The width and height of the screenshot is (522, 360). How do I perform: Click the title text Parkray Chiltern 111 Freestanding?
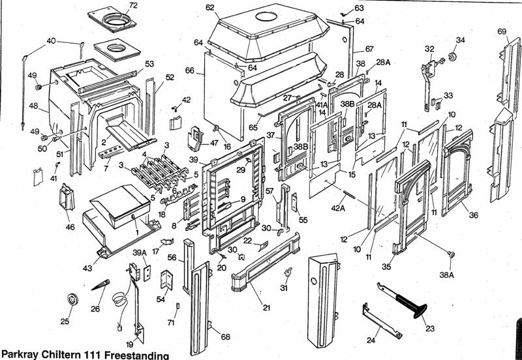[x=85, y=355]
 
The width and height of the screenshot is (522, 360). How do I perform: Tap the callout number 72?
[x=133, y=6]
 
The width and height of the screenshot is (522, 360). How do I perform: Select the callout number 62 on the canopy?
[x=209, y=7]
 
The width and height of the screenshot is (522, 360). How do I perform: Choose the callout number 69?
[x=502, y=31]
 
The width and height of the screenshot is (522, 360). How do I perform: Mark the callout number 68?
[x=225, y=337]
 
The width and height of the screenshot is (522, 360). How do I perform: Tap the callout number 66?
[x=190, y=70]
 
